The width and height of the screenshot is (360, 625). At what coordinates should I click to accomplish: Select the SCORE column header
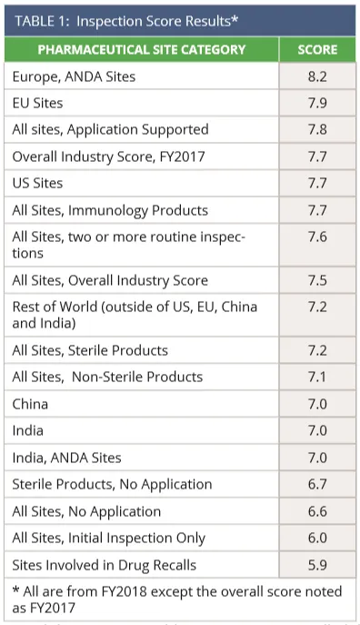click(316, 49)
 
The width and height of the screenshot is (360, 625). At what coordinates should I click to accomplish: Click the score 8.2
click(316, 76)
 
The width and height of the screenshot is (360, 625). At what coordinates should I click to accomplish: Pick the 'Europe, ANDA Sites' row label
click(74, 76)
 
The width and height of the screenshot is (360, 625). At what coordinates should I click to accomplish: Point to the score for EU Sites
click(316, 103)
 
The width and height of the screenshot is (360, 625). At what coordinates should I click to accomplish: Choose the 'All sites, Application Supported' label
click(110, 129)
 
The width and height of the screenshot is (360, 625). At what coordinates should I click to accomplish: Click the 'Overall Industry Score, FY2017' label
click(108, 156)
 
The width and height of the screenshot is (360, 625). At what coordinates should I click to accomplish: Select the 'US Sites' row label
click(37, 183)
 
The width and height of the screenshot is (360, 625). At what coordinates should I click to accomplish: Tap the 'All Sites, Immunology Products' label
click(110, 210)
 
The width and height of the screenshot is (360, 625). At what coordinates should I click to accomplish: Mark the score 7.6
click(316, 237)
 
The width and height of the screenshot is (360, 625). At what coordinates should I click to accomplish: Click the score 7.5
click(316, 280)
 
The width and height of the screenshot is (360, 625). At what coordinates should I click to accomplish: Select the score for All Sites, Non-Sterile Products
click(316, 377)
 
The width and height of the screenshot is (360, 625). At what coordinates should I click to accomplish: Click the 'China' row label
click(32, 404)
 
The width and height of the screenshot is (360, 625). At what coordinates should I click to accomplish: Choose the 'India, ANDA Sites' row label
click(67, 458)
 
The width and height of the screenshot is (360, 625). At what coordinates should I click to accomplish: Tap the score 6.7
click(316, 484)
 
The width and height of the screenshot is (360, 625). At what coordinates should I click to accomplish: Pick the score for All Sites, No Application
click(316, 511)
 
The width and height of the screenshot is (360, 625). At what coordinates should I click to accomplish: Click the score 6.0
click(316, 538)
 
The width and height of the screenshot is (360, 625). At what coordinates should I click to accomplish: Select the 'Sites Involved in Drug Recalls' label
click(104, 565)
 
